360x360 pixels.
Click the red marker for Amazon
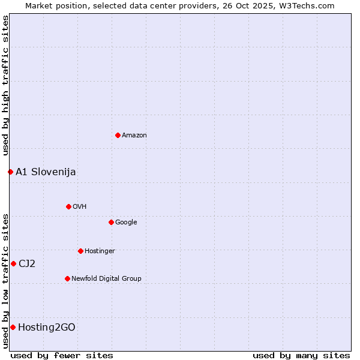[118, 135]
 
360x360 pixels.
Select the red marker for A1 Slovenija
[10, 172]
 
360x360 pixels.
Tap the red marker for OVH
[68, 206]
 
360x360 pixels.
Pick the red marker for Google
[111, 222]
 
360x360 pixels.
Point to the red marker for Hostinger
[80, 251]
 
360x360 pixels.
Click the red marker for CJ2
[13, 263]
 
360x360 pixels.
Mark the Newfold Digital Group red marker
[67, 278]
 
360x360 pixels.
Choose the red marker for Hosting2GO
[13, 327]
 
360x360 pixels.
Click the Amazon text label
[134, 136]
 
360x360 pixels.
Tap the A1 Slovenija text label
[46, 172]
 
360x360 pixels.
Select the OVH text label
[80, 207]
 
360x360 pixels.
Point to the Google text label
[126, 223]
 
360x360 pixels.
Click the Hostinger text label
[100, 251]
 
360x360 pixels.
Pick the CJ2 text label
[27, 264]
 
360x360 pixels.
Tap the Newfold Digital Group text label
[106, 279]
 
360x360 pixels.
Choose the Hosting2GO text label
[47, 328]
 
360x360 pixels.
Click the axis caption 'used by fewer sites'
[62, 355]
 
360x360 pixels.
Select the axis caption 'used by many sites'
[301, 355]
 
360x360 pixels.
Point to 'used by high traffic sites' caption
[5, 85]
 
